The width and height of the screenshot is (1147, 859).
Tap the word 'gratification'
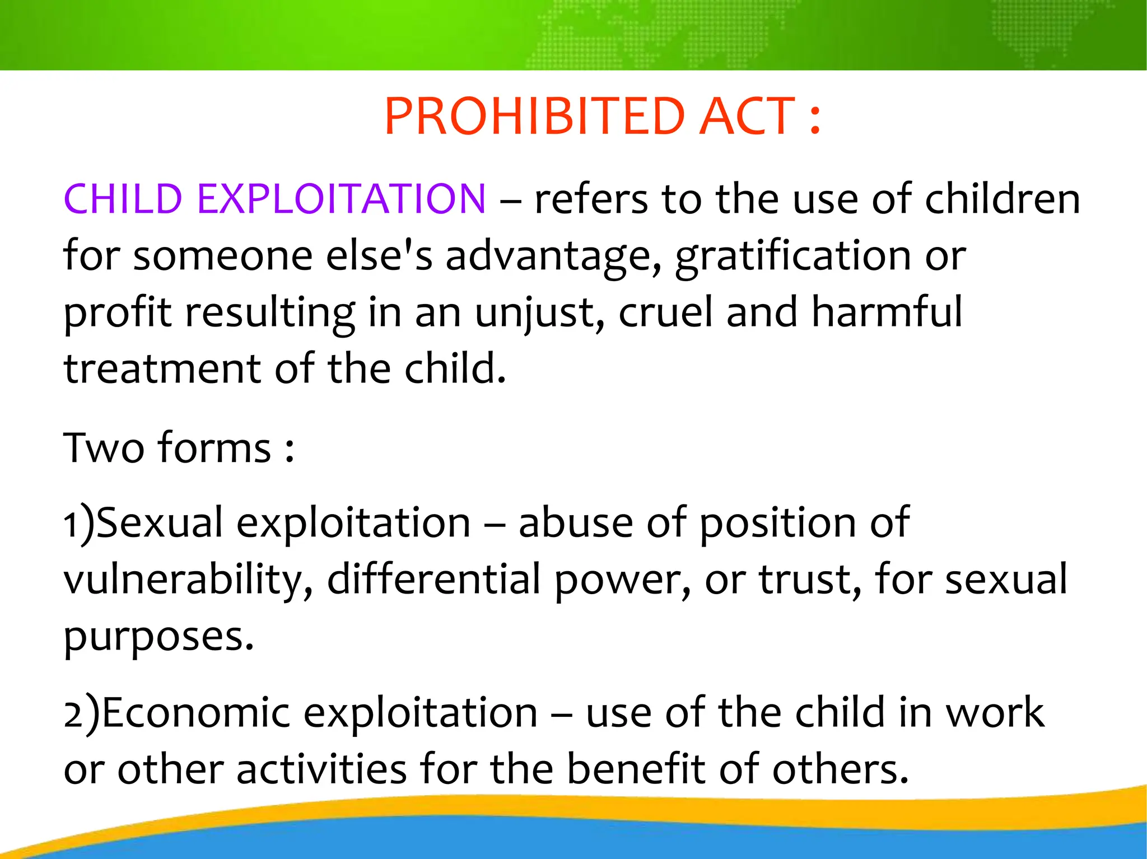[x=793, y=256]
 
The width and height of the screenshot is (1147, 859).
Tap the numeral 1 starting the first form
[x=71, y=524]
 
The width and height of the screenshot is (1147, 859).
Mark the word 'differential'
[x=433, y=580]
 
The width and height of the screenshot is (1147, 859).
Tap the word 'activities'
[x=321, y=769]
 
